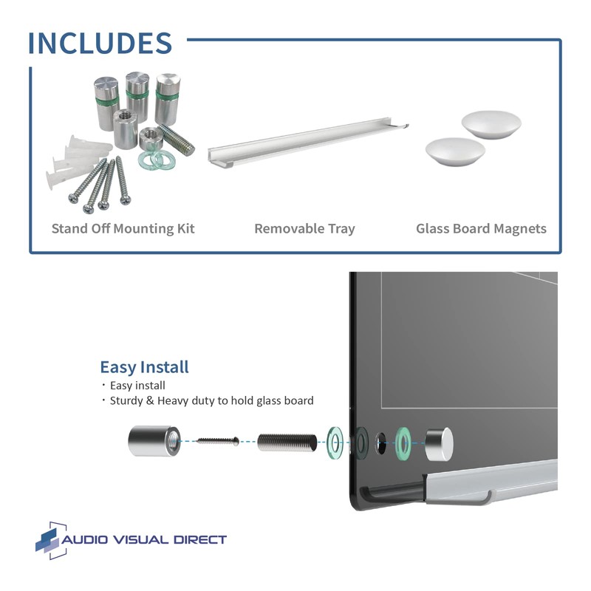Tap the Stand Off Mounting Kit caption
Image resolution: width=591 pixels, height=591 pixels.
(x=123, y=228)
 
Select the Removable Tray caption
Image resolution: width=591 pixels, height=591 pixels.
(x=304, y=228)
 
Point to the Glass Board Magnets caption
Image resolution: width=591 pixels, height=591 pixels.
(x=481, y=228)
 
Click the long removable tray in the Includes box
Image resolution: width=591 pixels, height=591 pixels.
(x=307, y=143)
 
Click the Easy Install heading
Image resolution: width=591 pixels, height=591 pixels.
(x=144, y=367)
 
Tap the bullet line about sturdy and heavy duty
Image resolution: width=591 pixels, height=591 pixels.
(x=211, y=400)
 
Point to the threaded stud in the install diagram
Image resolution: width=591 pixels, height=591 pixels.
(x=287, y=443)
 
